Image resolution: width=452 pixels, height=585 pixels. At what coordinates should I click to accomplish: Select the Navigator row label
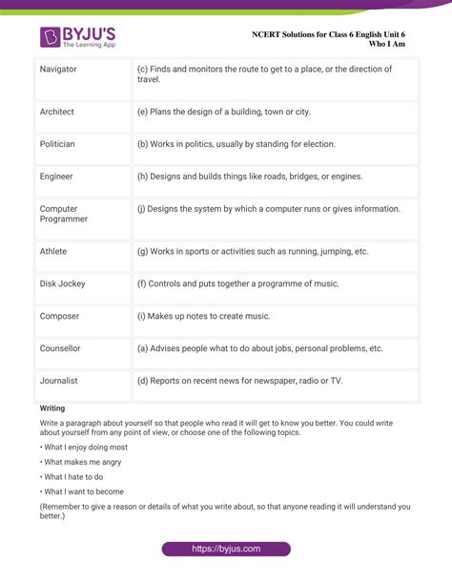(58, 70)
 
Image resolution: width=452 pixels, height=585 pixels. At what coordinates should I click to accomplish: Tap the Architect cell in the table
(56, 112)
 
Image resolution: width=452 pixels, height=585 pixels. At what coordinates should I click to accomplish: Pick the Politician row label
(57, 144)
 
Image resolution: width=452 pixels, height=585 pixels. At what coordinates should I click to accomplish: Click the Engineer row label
(56, 177)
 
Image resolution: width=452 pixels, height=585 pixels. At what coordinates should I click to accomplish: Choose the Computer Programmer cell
(63, 214)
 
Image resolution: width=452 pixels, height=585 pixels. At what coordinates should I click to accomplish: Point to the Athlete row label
(53, 251)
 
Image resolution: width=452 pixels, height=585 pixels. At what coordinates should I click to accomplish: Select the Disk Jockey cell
(62, 283)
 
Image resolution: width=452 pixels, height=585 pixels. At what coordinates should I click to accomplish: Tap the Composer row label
(59, 316)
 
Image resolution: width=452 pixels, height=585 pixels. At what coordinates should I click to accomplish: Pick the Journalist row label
(59, 381)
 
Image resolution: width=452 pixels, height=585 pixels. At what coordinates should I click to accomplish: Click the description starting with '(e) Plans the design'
(224, 112)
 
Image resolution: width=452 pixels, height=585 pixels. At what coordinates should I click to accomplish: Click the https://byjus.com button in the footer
(226, 549)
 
